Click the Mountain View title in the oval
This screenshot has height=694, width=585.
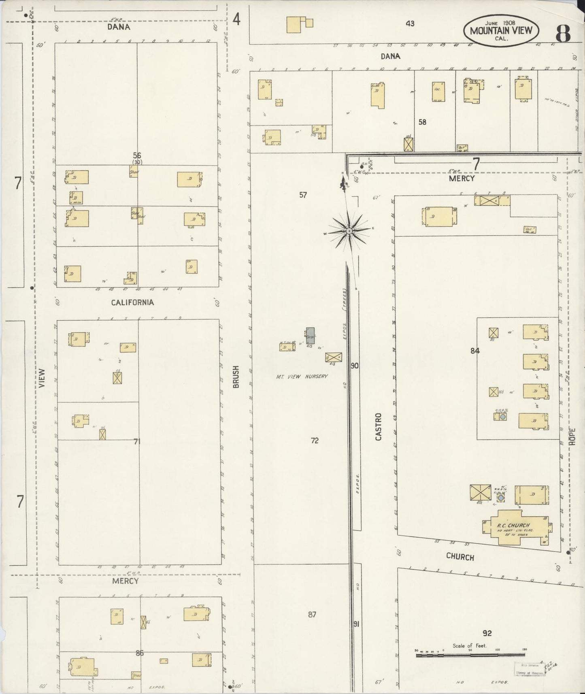501,30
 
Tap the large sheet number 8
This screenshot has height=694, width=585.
563,33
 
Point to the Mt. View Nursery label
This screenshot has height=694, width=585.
302,377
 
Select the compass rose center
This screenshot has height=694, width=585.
349,231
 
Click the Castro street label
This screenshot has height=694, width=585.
379,427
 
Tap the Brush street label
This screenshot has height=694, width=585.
236,377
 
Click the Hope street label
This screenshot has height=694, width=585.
572,437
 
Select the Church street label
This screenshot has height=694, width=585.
460,557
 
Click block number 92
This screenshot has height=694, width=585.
487,632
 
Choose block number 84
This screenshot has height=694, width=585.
475,351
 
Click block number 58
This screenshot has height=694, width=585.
422,122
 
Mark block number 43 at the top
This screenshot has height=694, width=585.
410,23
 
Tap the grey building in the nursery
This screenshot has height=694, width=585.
310,336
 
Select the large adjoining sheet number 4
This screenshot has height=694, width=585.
236,19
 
